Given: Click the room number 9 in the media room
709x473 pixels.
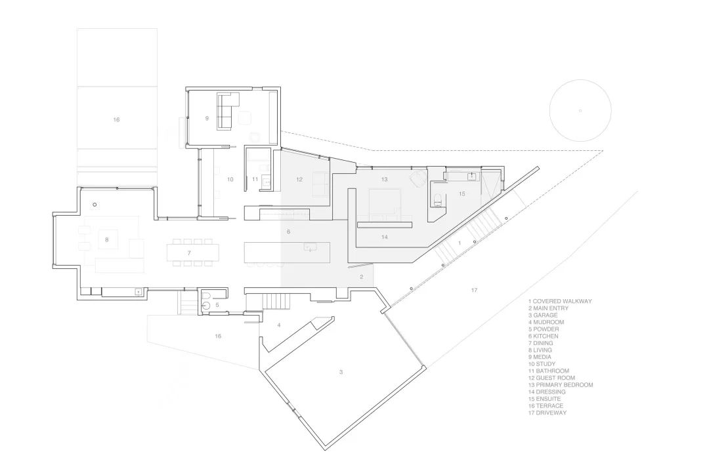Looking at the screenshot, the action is tap(207, 118).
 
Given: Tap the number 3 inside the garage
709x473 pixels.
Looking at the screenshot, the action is tap(341, 372).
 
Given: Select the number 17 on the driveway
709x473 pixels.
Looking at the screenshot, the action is tap(474, 290).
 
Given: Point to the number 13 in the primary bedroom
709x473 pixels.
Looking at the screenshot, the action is tap(384, 179).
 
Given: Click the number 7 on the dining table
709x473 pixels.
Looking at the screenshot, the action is tap(189, 253).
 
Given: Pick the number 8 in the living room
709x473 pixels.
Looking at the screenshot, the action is tap(107, 239).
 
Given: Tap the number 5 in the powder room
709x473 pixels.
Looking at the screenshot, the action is tap(217, 305).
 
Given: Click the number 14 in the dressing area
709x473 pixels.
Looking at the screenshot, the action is tap(384, 237).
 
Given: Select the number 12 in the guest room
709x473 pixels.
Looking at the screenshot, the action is tap(299, 179).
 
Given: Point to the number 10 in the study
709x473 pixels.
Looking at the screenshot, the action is tap(230, 179).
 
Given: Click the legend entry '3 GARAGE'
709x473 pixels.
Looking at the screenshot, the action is tap(543, 316).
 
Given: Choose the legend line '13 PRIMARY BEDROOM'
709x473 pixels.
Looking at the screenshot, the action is tap(561, 385).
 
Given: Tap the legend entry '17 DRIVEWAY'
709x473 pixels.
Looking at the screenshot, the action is tap(547, 413).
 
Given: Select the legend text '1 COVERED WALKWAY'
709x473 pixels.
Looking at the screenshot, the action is tap(560, 301).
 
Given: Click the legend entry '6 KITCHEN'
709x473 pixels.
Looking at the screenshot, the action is tap(543, 336).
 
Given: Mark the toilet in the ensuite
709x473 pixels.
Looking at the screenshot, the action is tap(437, 199).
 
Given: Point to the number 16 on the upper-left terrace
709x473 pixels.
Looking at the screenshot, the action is tap(116, 119).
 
